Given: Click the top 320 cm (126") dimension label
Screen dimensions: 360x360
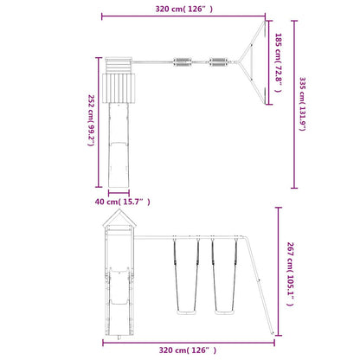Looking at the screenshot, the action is point(184,9).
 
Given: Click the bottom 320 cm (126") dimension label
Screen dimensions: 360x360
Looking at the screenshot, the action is point(188,350).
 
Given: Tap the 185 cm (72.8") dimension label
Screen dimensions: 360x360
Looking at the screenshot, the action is point(278,62).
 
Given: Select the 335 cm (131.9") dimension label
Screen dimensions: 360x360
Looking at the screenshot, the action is point(302,104).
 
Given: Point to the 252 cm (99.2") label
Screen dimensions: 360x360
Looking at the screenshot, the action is point(91,120).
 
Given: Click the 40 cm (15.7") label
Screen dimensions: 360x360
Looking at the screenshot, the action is point(123,202).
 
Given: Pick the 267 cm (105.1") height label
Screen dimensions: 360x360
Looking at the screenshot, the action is point(290,274).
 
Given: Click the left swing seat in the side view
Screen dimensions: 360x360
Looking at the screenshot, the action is point(186,312).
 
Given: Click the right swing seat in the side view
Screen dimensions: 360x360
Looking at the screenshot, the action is point(224,312).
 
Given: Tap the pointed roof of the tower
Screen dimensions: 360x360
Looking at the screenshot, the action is point(119,217).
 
